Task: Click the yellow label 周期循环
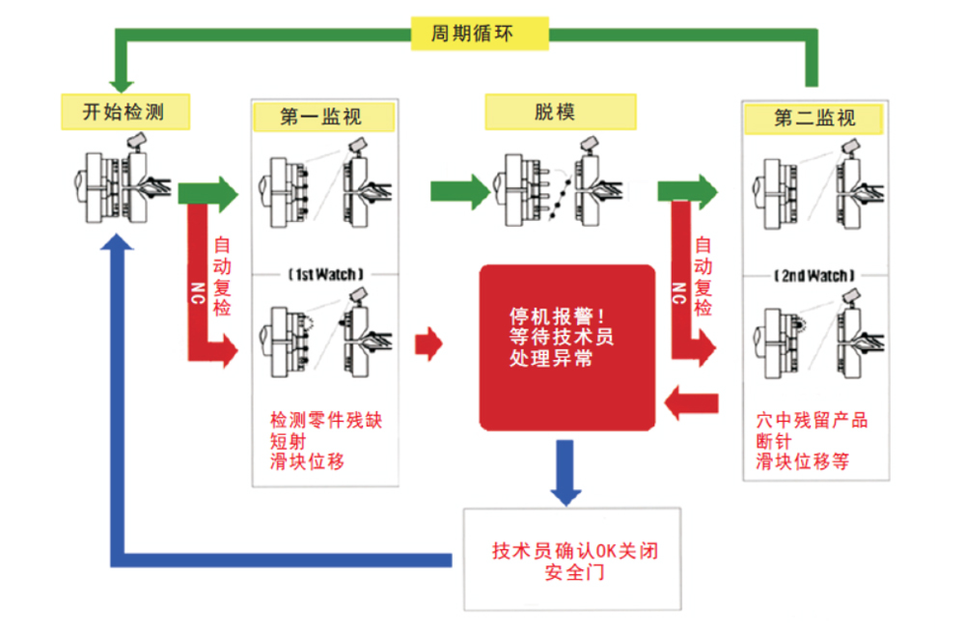point(480,33)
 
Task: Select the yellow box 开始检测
point(124,111)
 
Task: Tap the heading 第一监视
point(323,117)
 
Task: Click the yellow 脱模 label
point(560,111)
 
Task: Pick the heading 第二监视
point(813,118)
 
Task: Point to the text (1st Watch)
point(326,274)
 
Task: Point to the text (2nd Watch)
point(814,275)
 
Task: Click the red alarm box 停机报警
point(566,347)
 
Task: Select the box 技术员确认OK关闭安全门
point(572,559)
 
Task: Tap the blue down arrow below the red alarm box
point(565,472)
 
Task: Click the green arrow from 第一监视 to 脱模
point(459,191)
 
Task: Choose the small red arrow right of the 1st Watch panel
point(428,343)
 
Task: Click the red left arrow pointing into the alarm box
point(691,403)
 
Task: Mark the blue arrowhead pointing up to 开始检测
point(117,242)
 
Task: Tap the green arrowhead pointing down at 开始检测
point(122,86)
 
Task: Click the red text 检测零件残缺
point(326,420)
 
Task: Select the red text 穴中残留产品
point(812,420)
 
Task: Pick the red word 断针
point(774,441)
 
